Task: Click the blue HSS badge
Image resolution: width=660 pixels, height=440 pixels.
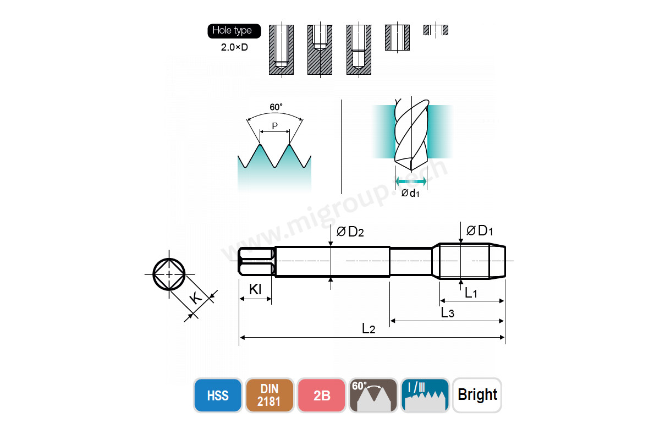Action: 218,395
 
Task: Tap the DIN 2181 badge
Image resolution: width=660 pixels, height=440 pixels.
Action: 269,395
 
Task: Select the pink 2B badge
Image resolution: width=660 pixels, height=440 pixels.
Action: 321,395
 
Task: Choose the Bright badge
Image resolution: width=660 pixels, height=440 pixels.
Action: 477,395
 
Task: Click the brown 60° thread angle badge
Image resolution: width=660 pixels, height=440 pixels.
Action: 373,395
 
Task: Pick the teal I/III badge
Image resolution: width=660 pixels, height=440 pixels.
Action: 425,395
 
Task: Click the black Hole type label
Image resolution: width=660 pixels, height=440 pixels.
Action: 234,31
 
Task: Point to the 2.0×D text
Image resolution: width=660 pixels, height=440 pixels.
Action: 234,47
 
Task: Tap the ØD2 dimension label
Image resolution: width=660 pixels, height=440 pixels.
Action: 350,232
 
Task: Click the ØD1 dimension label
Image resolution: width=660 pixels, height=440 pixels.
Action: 480,230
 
